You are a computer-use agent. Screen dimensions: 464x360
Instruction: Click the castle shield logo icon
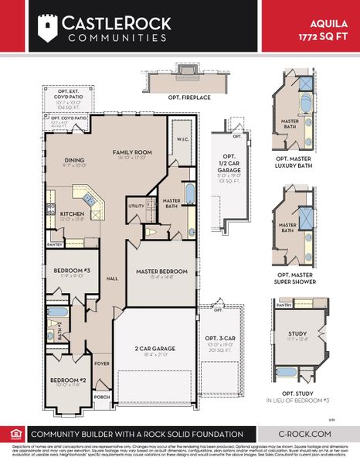[48, 29]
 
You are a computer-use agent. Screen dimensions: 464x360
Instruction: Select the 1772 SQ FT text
[325, 36]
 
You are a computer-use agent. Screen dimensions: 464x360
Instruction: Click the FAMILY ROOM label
[133, 153]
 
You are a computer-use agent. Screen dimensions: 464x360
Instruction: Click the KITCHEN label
[72, 215]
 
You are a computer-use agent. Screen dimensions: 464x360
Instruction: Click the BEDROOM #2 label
[69, 380]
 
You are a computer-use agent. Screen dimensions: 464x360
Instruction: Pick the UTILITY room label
[137, 206]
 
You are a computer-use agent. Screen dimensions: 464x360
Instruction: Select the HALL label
[110, 279]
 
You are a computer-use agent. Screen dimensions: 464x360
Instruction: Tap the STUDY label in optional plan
[297, 334]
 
